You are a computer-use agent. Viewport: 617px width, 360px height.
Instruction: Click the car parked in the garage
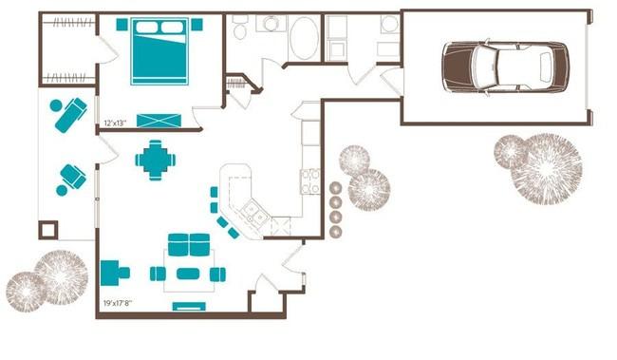(x=505, y=66)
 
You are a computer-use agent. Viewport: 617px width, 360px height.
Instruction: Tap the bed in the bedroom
(x=159, y=51)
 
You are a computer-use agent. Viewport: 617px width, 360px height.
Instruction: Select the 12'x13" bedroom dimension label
(x=115, y=123)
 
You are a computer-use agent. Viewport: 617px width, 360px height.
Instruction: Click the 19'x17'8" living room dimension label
(x=118, y=303)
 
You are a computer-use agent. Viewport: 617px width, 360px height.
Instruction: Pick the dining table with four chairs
(x=156, y=160)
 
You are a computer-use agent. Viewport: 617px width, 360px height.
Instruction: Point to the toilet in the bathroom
(x=239, y=28)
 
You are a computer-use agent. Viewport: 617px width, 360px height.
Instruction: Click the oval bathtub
(x=304, y=38)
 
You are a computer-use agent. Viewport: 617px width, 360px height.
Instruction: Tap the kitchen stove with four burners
(x=310, y=181)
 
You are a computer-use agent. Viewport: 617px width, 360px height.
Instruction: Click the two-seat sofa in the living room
(x=189, y=245)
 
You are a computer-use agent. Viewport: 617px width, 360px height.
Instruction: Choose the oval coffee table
(x=188, y=274)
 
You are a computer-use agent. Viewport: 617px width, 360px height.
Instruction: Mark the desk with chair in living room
(x=115, y=273)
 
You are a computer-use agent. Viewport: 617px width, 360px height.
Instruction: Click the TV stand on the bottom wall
(x=189, y=306)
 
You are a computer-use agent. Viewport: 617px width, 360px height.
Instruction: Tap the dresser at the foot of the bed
(x=159, y=121)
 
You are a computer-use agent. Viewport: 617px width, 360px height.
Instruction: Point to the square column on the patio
(x=48, y=230)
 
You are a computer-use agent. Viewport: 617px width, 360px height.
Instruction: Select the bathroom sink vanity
(x=271, y=24)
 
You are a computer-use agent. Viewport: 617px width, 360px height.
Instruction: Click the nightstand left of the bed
(x=122, y=25)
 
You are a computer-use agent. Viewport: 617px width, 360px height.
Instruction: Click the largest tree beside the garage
(x=546, y=168)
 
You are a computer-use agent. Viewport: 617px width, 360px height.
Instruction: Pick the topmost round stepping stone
(x=336, y=188)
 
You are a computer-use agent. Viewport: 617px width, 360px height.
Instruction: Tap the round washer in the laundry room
(x=390, y=24)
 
